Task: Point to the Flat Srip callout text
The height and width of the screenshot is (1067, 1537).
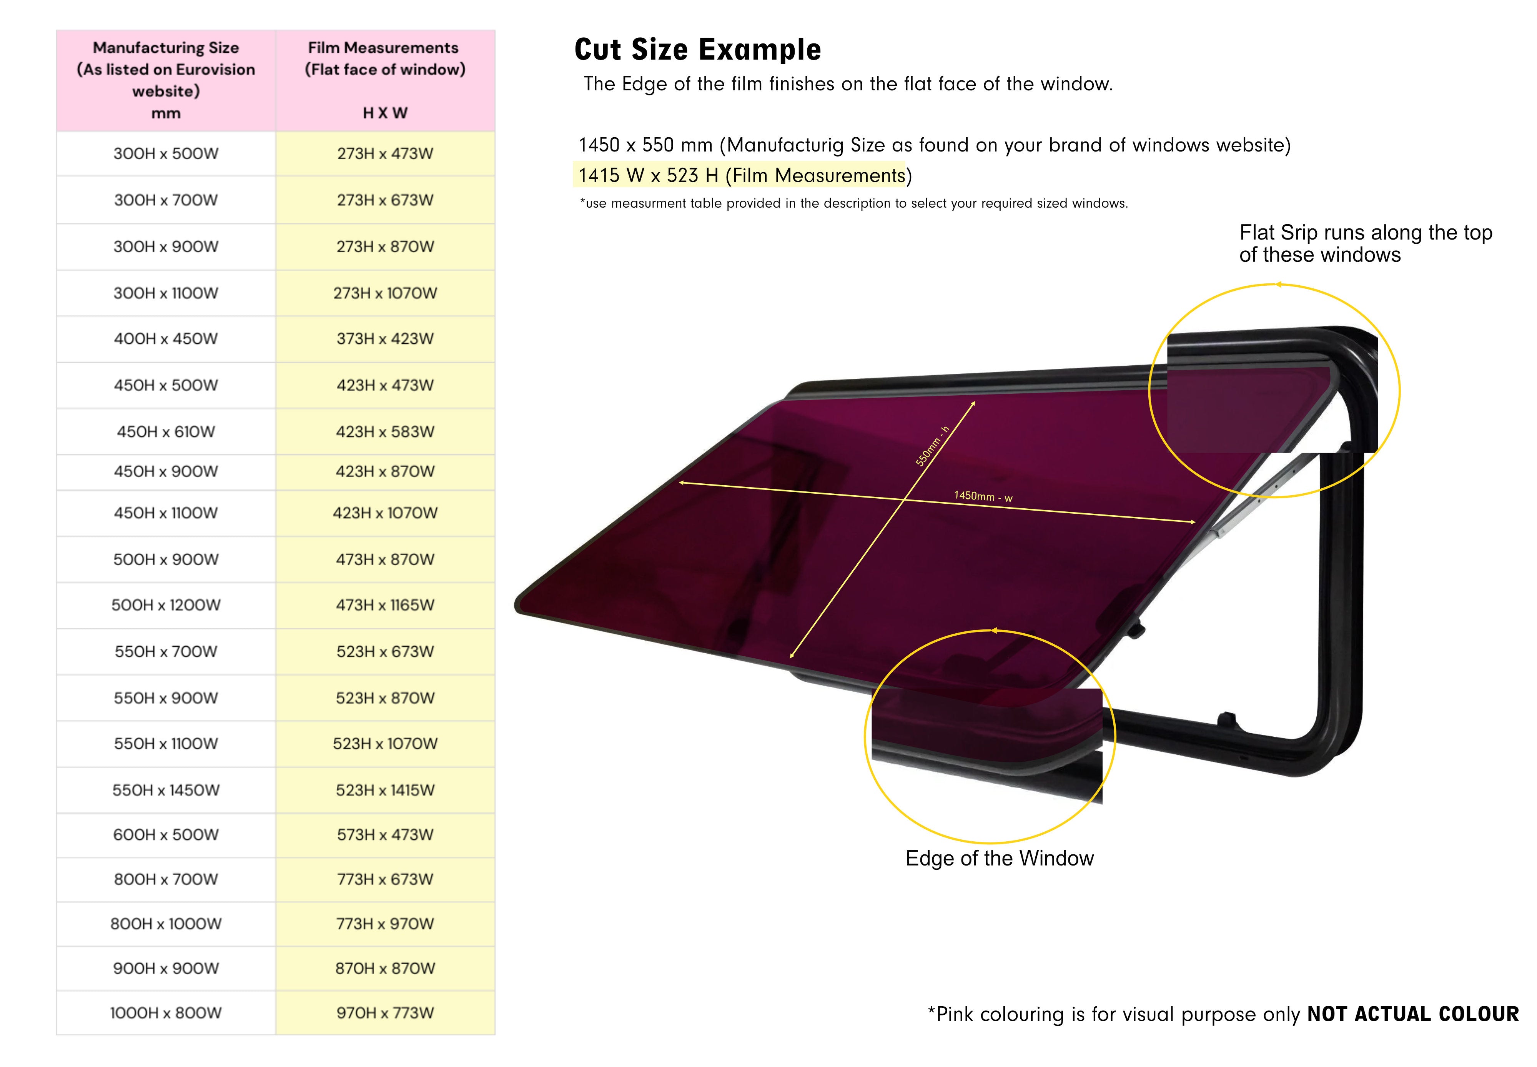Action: coord(1365,243)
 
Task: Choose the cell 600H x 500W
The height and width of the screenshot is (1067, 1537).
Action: coord(166,834)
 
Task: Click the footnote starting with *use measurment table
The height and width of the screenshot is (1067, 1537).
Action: coord(853,203)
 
